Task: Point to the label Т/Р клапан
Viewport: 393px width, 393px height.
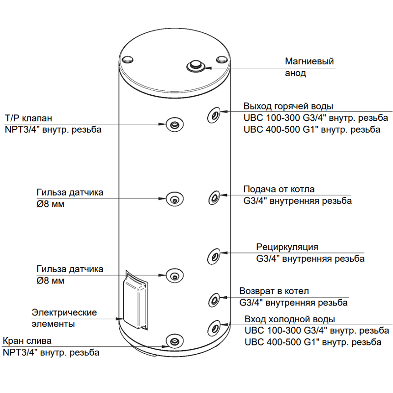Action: pyautogui.click(x=28, y=118)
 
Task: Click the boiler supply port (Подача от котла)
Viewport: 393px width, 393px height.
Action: pyautogui.click(x=215, y=197)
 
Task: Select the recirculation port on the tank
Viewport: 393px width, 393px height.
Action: pyautogui.click(x=215, y=255)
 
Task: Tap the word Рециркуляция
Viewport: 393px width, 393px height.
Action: pyautogui.click(x=287, y=247)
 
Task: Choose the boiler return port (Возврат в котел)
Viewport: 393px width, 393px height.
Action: pyautogui.click(x=215, y=300)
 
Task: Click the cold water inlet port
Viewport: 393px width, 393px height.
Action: pyautogui.click(x=215, y=327)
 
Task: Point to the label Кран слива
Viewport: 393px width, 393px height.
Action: pyautogui.click(x=27, y=341)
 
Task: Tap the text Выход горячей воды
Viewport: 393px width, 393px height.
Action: pyautogui.click(x=288, y=107)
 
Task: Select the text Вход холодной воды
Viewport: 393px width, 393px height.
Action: pyautogui.click(x=289, y=319)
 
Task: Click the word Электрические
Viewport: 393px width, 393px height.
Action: pyautogui.click(x=64, y=312)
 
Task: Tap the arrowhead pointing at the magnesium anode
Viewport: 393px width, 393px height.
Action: pyautogui.click(x=210, y=67)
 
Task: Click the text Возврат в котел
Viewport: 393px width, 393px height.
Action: pyautogui.click(x=274, y=291)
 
